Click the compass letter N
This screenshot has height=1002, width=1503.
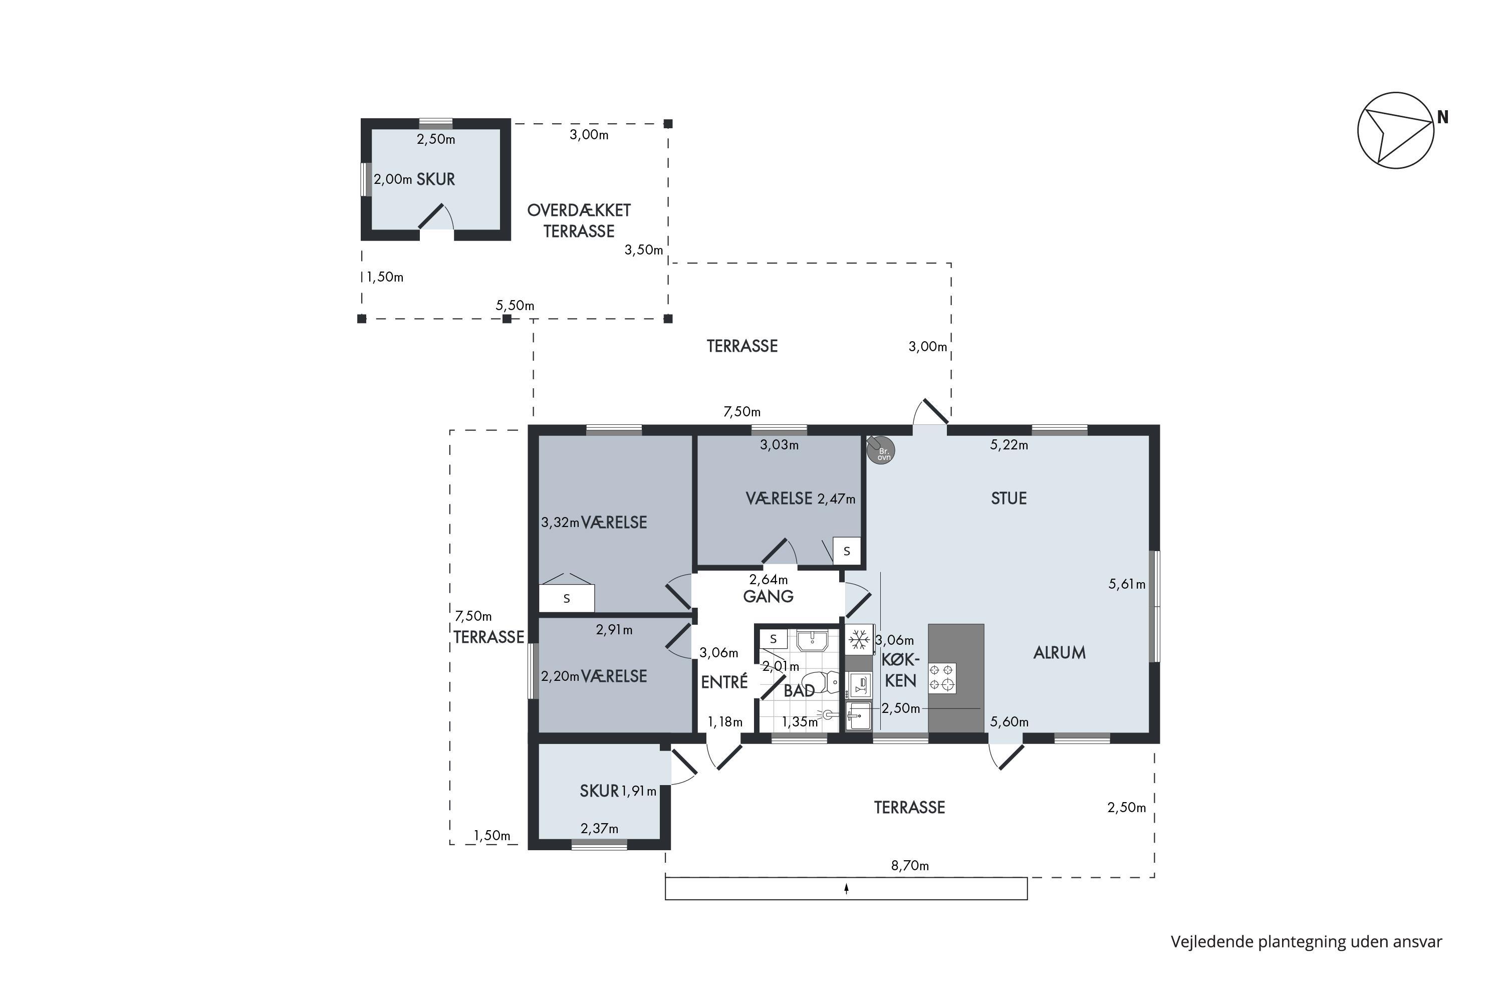click(1442, 118)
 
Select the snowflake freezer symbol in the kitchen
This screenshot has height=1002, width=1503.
click(859, 639)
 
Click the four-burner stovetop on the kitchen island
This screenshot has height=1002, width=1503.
click(942, 678)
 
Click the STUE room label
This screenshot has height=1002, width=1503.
click(1009, 498)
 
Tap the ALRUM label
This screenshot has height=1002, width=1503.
click(1059, 652)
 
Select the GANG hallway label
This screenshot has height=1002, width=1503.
click(768, 596)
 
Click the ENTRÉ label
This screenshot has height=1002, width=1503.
click(724, 682)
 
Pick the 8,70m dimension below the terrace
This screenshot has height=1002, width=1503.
click(910, 865)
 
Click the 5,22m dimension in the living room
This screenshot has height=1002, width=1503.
click(1009, 445)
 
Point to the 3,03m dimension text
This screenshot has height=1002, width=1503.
click(779, 445)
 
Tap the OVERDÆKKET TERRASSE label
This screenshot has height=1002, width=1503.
click(579, 220)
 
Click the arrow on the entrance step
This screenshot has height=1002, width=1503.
click(846, 888)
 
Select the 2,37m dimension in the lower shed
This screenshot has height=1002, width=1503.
click(599, 828)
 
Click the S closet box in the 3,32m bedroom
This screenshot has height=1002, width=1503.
click(567, 598)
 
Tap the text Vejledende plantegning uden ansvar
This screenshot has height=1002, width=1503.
click(1306, 941)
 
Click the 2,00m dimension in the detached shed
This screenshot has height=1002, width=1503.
click(393, 179)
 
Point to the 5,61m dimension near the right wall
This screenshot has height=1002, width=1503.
click(1127, 584)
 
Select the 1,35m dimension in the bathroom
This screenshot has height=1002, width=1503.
click(800, 722)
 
